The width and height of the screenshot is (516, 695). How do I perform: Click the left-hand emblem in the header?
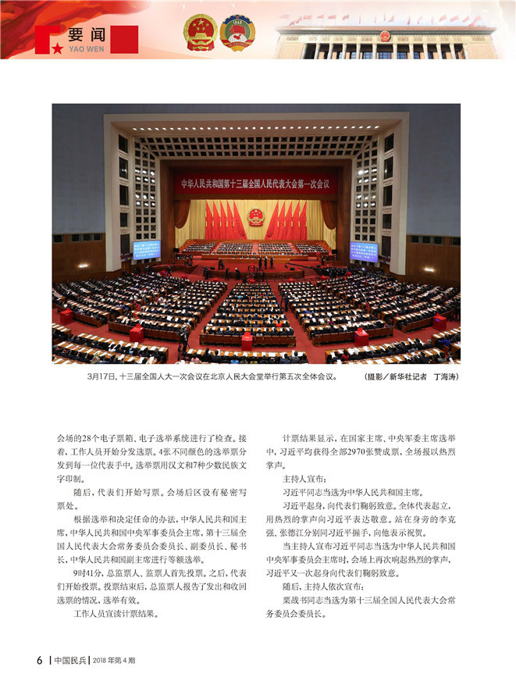tap(200, 33)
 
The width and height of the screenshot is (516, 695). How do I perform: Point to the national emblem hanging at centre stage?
tap(256, 216)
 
